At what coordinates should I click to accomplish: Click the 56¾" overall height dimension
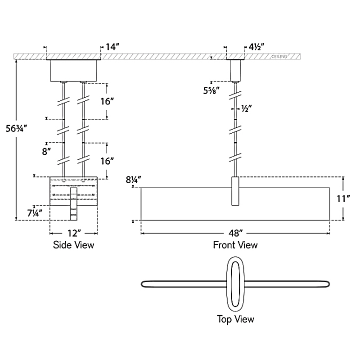(16, 129)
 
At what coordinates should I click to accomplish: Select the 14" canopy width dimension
(112, 47)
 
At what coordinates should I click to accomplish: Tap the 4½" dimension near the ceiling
(256, 47)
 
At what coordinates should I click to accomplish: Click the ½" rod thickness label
(247, 108)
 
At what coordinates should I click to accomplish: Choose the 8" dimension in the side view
(46, 152)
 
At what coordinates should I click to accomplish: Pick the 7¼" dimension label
(35, 213)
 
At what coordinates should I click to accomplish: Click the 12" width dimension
(74, 234)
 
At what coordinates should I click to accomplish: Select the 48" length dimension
(235, 234)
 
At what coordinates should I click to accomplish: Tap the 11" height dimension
(343, 198)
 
